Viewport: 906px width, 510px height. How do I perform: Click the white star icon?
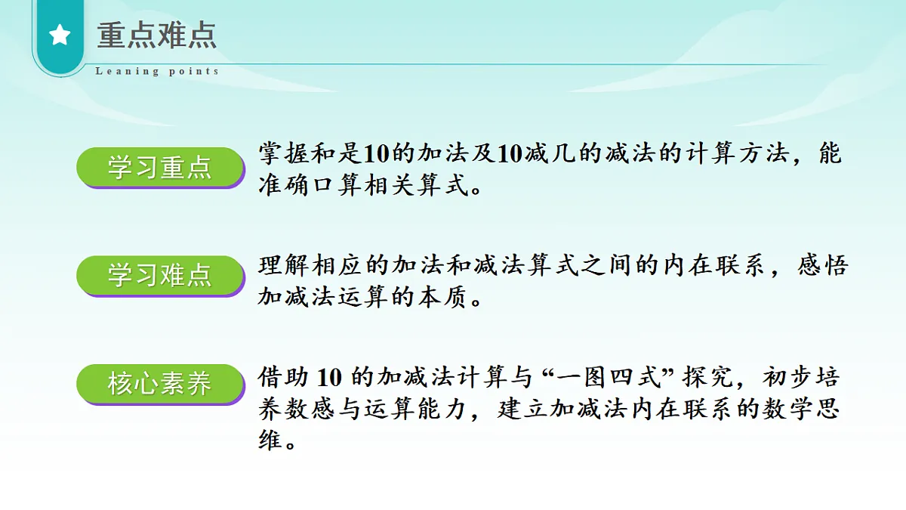[x=60, y=36]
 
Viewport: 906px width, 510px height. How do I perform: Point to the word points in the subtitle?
[x=194, y=72]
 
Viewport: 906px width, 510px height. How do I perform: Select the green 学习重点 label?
[x=159, y=167]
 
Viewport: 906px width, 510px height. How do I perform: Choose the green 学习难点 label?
[x=159, y=275]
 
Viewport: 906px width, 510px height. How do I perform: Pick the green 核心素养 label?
[x=159, y=384]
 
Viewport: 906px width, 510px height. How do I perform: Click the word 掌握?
[x=285, y=154]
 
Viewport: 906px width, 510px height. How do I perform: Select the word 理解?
[x=285, y=266]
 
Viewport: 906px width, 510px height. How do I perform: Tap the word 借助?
[x=285, y=376]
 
